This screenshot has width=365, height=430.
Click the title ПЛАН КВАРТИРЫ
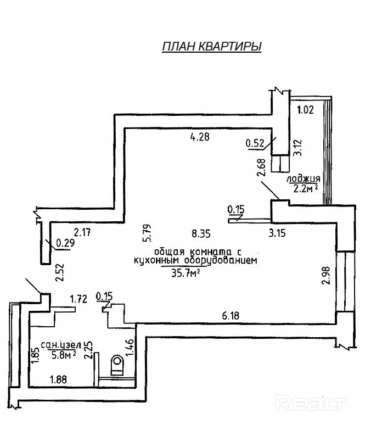(211, 47)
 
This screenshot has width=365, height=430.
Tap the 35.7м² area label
(185, 273)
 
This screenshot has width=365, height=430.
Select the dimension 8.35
(201, 233)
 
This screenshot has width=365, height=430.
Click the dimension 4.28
(200, 136)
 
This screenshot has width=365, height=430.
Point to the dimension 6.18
(231, 316)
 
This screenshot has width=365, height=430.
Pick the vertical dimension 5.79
(147, 233)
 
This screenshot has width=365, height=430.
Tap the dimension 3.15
(277, 233)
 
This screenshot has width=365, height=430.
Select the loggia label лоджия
(304, 179)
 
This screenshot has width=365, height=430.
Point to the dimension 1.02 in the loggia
(305, 110)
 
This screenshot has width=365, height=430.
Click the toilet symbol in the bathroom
(117, 365)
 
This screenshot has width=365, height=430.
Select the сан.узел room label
(61, 345)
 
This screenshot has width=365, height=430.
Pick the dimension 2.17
(82, 232)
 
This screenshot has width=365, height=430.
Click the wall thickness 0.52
(255, 143)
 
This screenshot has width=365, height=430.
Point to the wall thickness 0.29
(65, 243)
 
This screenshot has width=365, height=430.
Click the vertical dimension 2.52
(59, 272)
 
